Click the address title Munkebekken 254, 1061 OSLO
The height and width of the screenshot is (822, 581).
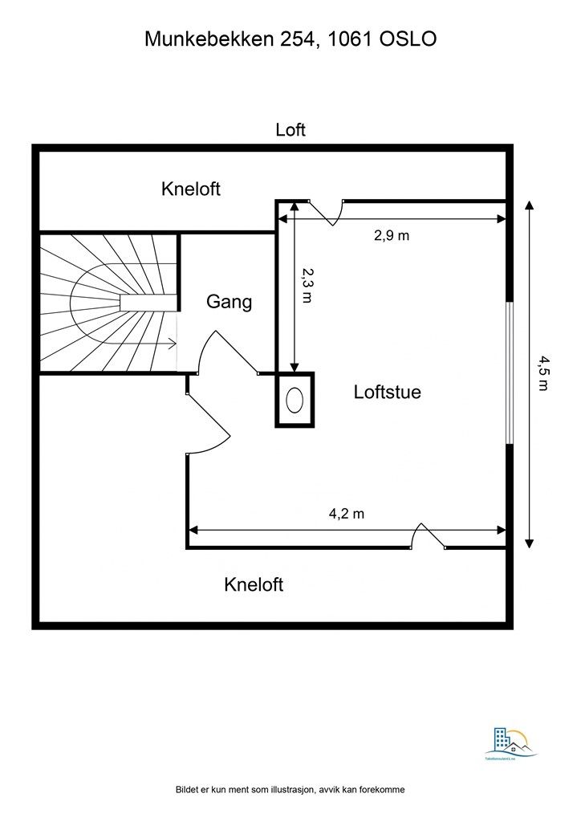point(290,39)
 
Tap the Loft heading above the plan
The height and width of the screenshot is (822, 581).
point(290,130)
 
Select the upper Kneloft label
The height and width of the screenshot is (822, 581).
point(191,189)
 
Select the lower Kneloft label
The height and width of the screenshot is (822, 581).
point(254,584)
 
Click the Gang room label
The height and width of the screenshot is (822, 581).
point(230,302)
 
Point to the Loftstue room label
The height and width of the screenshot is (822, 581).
point(388,393)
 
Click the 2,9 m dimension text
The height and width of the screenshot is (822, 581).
point(392,235)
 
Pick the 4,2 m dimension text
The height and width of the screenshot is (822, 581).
point(347,515)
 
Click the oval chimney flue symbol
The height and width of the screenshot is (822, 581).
point(295,399)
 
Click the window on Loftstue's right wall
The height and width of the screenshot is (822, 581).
point(508,372)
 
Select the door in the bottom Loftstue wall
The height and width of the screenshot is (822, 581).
point(428,537)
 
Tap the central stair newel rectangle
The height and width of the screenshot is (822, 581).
point(148,302)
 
